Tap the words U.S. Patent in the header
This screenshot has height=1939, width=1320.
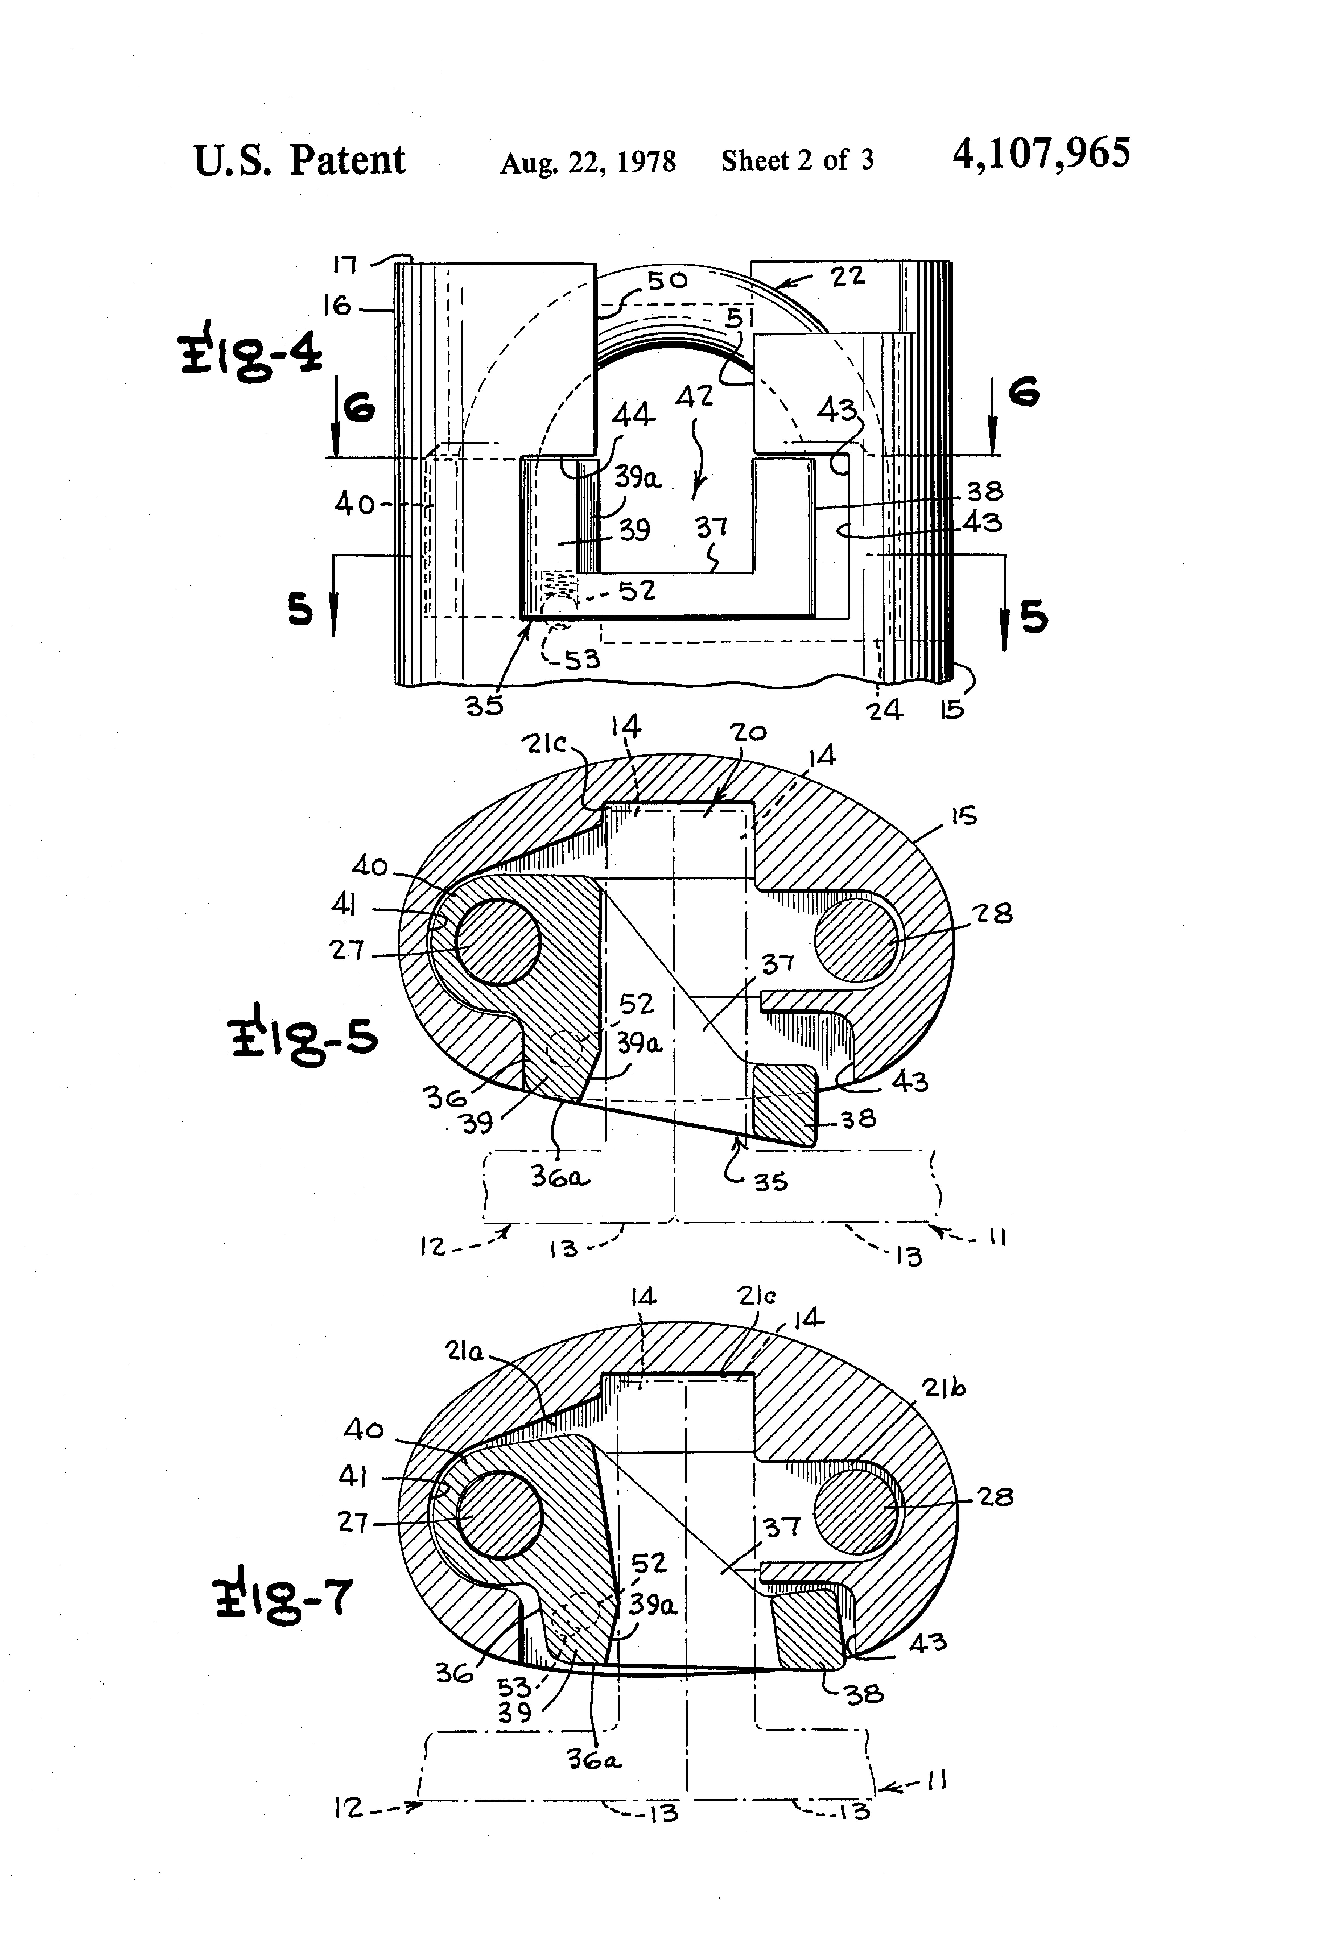click(x=300, y=160)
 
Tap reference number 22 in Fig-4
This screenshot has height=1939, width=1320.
click(x=848, y=276)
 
